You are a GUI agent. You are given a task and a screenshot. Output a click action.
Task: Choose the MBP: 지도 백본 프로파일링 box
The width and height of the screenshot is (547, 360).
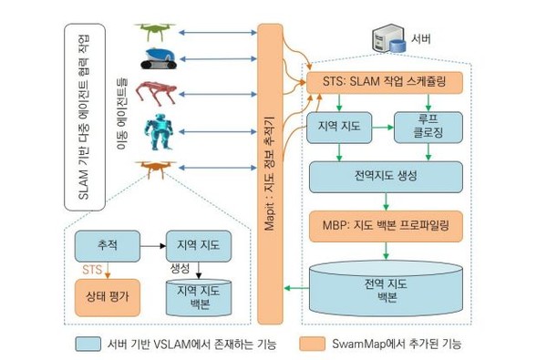387,222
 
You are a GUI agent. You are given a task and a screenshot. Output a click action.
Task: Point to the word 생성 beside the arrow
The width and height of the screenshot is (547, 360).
181,268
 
